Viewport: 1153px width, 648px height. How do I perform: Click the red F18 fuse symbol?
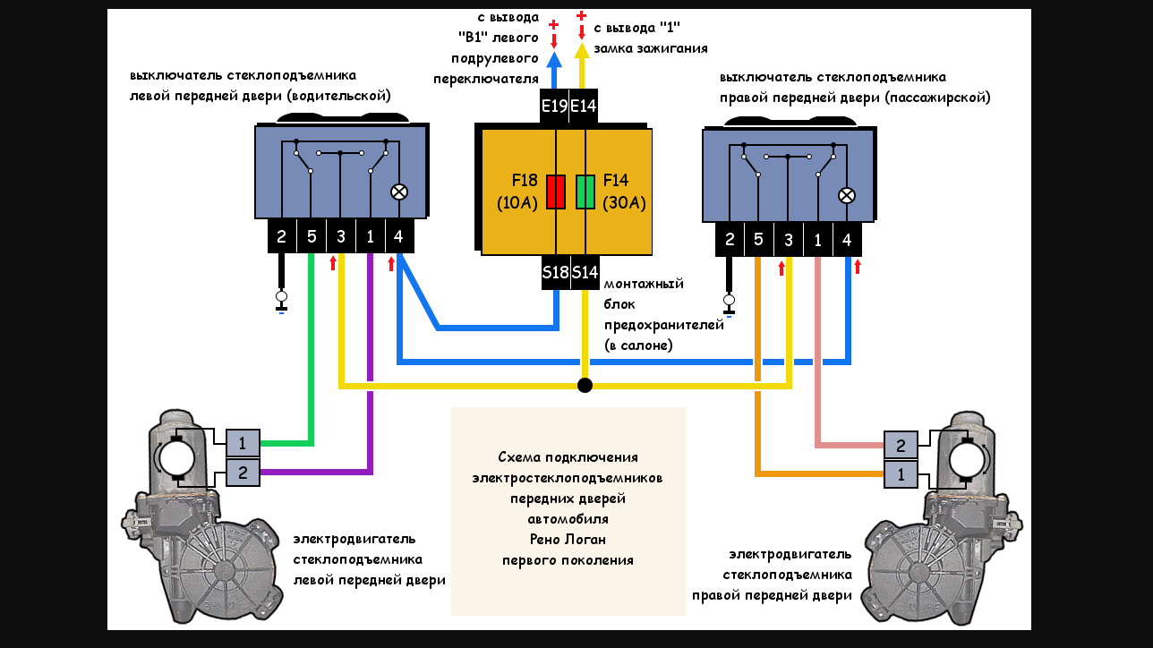556,192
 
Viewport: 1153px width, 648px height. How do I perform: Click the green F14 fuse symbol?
585,192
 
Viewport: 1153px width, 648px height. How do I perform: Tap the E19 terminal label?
555,107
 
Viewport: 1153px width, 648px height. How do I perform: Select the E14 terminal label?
584,107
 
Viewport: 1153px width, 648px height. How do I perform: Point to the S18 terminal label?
555,272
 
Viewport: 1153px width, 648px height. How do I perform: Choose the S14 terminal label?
585,272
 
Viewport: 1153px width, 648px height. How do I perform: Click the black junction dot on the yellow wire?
585,385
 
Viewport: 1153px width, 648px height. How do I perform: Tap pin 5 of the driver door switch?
312,237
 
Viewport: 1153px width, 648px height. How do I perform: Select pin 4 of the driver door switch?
398,237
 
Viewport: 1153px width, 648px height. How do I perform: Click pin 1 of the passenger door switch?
817,240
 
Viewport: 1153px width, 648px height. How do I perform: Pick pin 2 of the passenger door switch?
730,240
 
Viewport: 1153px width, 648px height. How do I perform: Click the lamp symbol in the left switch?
399,192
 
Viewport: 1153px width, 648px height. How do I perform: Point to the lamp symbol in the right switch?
846,195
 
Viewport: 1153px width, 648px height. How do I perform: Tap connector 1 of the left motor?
243,442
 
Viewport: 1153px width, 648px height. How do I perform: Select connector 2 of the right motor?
901,445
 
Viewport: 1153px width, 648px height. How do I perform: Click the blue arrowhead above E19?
554,59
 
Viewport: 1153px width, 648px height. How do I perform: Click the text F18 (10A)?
517,191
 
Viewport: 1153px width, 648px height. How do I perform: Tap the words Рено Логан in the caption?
568,540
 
